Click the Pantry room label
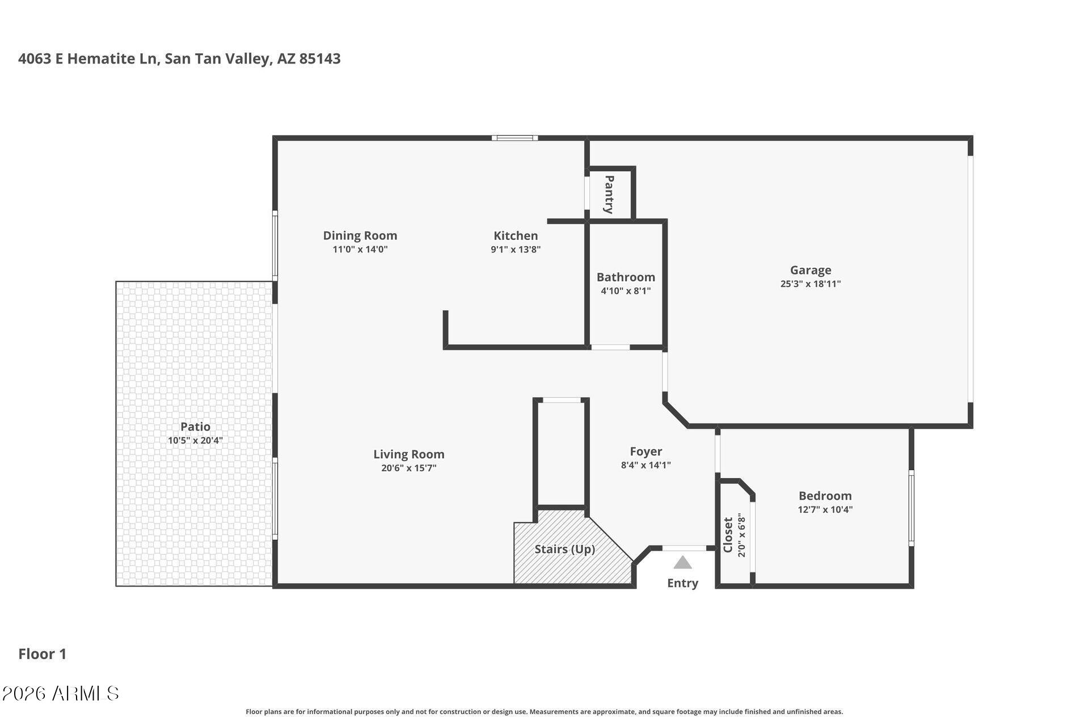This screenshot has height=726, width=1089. (609, 195)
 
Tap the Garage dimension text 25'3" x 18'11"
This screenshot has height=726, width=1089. (810, 284)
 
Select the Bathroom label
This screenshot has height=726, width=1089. (626, 277)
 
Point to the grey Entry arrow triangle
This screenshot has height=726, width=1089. (682, 563)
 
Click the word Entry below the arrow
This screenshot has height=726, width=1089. (682, 583)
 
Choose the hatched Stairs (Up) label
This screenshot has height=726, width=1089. (564, 549)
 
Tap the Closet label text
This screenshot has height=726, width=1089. (728, 534)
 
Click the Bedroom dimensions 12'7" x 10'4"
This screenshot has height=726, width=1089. (825, 509)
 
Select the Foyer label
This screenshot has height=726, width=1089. (645, 451)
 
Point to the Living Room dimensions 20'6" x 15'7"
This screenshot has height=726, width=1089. (408, 468)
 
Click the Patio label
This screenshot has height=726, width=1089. (195, 427)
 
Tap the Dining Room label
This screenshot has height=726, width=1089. (360, 235)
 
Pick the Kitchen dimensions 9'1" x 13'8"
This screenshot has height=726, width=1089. (515, 250)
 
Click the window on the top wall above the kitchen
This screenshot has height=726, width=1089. (514, 138)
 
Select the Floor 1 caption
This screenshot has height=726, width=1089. (43, 654)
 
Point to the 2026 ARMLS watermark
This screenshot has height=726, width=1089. (60, 693)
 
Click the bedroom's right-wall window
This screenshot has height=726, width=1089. (911, 508)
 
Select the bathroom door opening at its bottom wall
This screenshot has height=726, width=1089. (610, 347)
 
